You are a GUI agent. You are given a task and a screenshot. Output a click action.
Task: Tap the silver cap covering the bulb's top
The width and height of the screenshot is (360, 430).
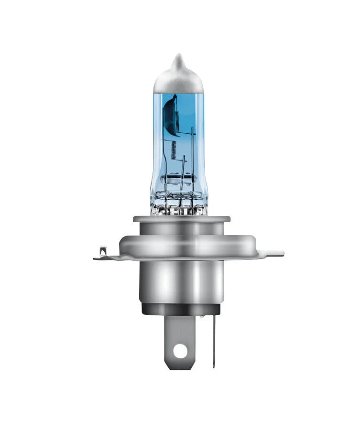(178, 81)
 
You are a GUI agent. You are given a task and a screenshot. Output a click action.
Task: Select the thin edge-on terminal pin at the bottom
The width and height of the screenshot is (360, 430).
(214, 339)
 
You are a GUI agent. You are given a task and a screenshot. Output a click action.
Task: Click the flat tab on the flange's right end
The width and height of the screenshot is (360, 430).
(275, 253)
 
